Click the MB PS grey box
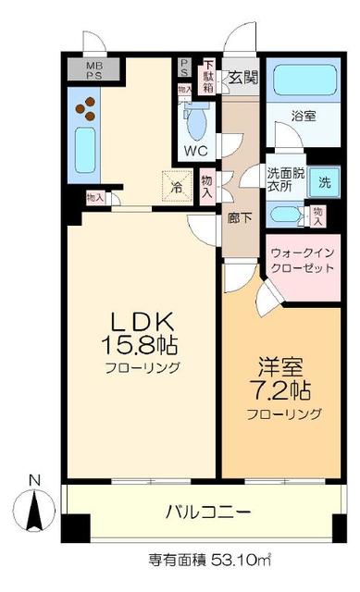[x=95, y=72]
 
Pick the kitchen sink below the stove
[x=83, y=152]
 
